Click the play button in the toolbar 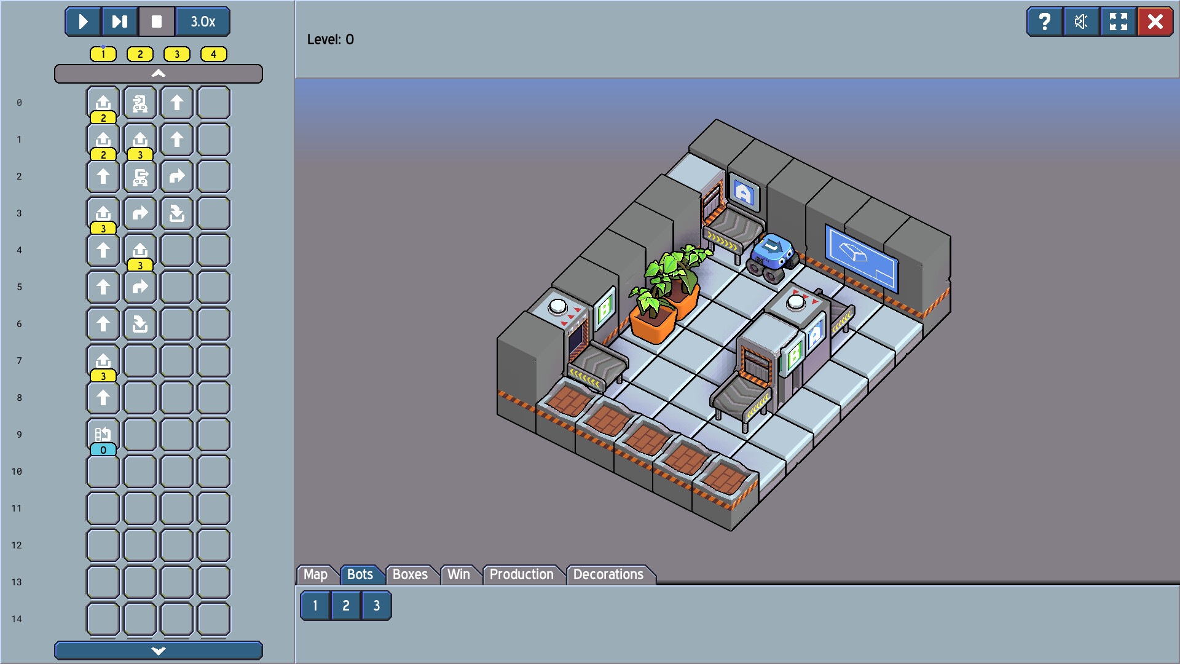coord(83,22)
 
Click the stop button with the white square coord(157,22)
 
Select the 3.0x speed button coord(203,22)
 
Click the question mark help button coord(1044,22)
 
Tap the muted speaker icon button coord(1081,22)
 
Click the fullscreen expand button coord(1119,22)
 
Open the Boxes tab coord(410,574)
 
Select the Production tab coord(521,574)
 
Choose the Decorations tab coord(608,574)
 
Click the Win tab coord(458,574)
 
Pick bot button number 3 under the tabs coord(376,606)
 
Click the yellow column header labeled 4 coord(214,54)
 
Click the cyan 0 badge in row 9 coord(103,450)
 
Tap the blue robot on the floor coord(771,256)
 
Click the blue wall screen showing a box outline coord(860,257)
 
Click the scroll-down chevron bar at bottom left coord(159,650)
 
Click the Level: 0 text coord(331,39)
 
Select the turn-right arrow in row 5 coord(140,287)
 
